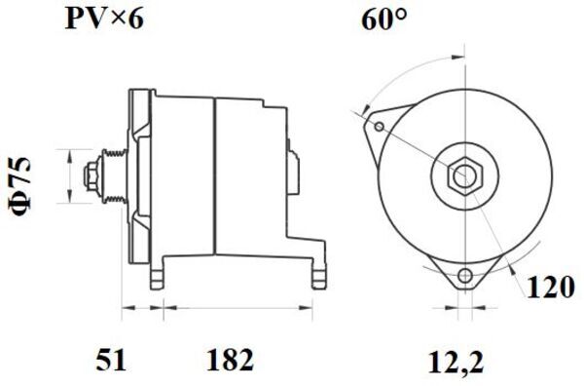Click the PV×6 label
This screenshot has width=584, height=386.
coord(104,19)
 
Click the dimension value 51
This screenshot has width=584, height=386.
coord(111,361)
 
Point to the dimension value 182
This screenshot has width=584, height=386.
coord(230,361)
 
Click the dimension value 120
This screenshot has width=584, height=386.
coord(549,288)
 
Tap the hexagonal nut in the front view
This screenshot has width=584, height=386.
coord(464,175)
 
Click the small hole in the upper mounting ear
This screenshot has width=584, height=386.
coord(380,127)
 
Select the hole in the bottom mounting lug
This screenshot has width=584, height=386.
coord(465,276)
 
